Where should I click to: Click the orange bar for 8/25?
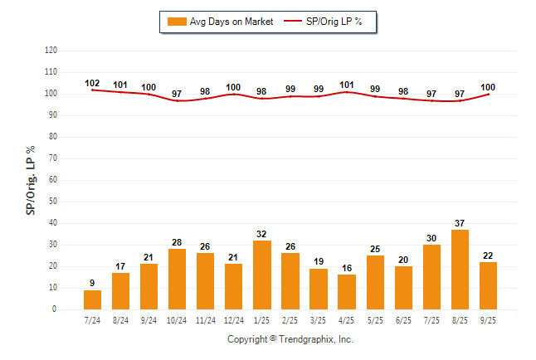460,270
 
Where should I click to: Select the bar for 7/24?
93,299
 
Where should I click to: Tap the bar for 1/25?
262,275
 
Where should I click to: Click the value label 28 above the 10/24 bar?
178,242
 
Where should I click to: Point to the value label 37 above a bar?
460,223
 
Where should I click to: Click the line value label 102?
93,83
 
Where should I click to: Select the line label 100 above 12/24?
234,87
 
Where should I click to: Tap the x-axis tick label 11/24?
206,319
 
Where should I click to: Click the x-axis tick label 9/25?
488,319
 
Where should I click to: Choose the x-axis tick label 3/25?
319,319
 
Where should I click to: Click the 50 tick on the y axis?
52,202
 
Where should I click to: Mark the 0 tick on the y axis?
55,309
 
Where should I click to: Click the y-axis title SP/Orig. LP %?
31,180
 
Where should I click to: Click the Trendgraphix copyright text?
290,339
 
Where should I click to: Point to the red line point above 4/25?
347,92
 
